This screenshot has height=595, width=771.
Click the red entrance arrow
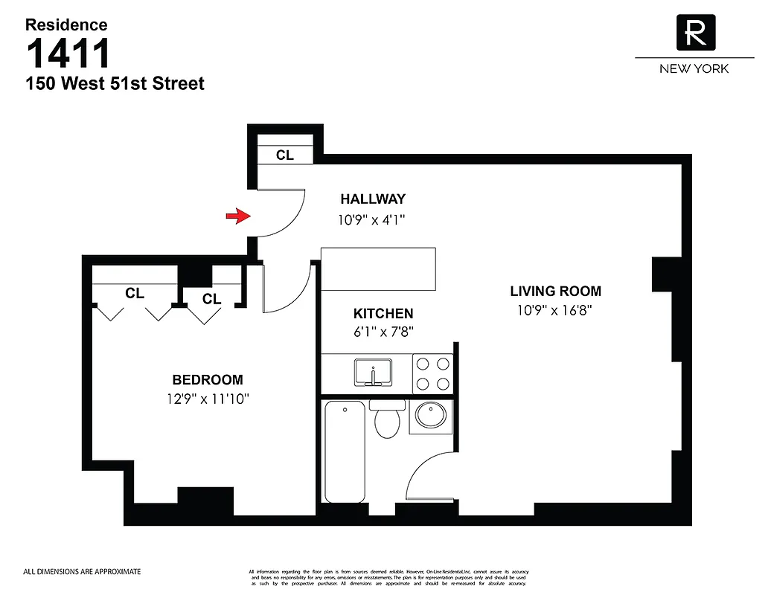coord(237,216)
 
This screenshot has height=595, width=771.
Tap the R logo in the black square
coord(695,33)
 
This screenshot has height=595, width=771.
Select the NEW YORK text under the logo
coord(694,68)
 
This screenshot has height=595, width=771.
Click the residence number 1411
coord(68,54)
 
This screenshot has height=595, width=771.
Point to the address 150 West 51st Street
coord(115,83)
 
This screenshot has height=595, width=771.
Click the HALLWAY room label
coord(373,199)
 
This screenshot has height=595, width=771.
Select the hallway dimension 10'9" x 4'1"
coord(373,219)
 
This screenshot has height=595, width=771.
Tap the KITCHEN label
coord(383,313)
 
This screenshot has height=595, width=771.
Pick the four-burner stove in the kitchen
coord(433,373)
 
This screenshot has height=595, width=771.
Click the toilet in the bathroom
coord(387,420)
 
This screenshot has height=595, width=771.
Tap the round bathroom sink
coord(429,415)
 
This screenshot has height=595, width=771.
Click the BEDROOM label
coord(208,379)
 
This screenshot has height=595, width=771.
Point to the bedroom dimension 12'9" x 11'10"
coord(208,399)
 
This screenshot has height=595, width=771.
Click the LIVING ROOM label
coord(555,291)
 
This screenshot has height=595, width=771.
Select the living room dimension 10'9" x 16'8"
coord(555,311)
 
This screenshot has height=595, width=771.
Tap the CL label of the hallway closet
coord(284,155)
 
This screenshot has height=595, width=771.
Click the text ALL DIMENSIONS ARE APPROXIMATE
coord(82,572)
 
